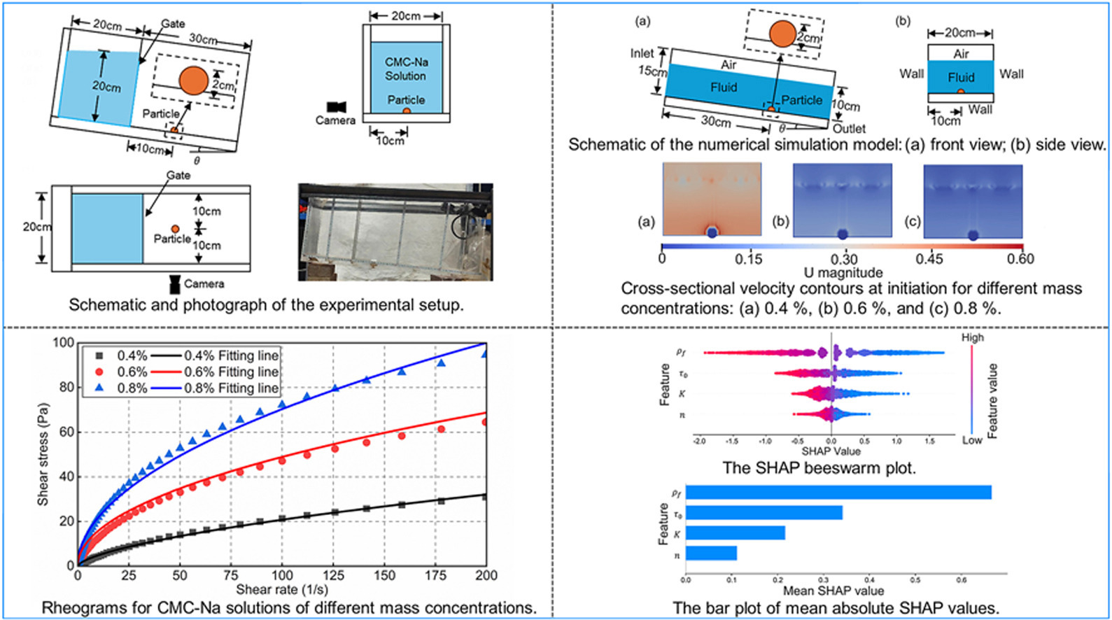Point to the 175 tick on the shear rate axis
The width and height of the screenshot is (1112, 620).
[x=435, y=575]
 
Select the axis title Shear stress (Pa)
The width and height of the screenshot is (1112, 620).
[x=43, y=454]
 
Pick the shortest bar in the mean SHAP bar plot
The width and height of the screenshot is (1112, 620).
[x=711, y=554]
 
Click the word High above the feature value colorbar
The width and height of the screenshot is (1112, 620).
[x=972, y=338]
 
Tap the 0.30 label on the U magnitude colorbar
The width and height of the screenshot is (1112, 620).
[x=844, y=259]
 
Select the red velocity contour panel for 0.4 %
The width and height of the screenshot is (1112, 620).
[x=712, y=199]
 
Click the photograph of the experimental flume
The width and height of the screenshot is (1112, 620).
[x=395, y=232]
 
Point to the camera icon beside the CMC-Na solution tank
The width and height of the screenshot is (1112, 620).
[x=335, y=107]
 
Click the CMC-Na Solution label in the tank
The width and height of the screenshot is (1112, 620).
[x=406, y=69]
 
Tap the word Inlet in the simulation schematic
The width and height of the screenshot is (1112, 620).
[x=642, y=54]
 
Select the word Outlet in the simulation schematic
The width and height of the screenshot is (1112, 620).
[x=849, y=129]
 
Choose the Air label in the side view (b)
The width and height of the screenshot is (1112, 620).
[x=961, y=54]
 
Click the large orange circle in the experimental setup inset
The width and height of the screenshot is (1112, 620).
[x=192, y=80]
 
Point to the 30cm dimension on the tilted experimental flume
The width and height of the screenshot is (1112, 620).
[x=203, y=39]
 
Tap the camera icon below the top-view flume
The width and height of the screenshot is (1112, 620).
[x=175, y=283]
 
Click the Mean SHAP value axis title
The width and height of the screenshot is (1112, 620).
[x=833, y=591]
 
